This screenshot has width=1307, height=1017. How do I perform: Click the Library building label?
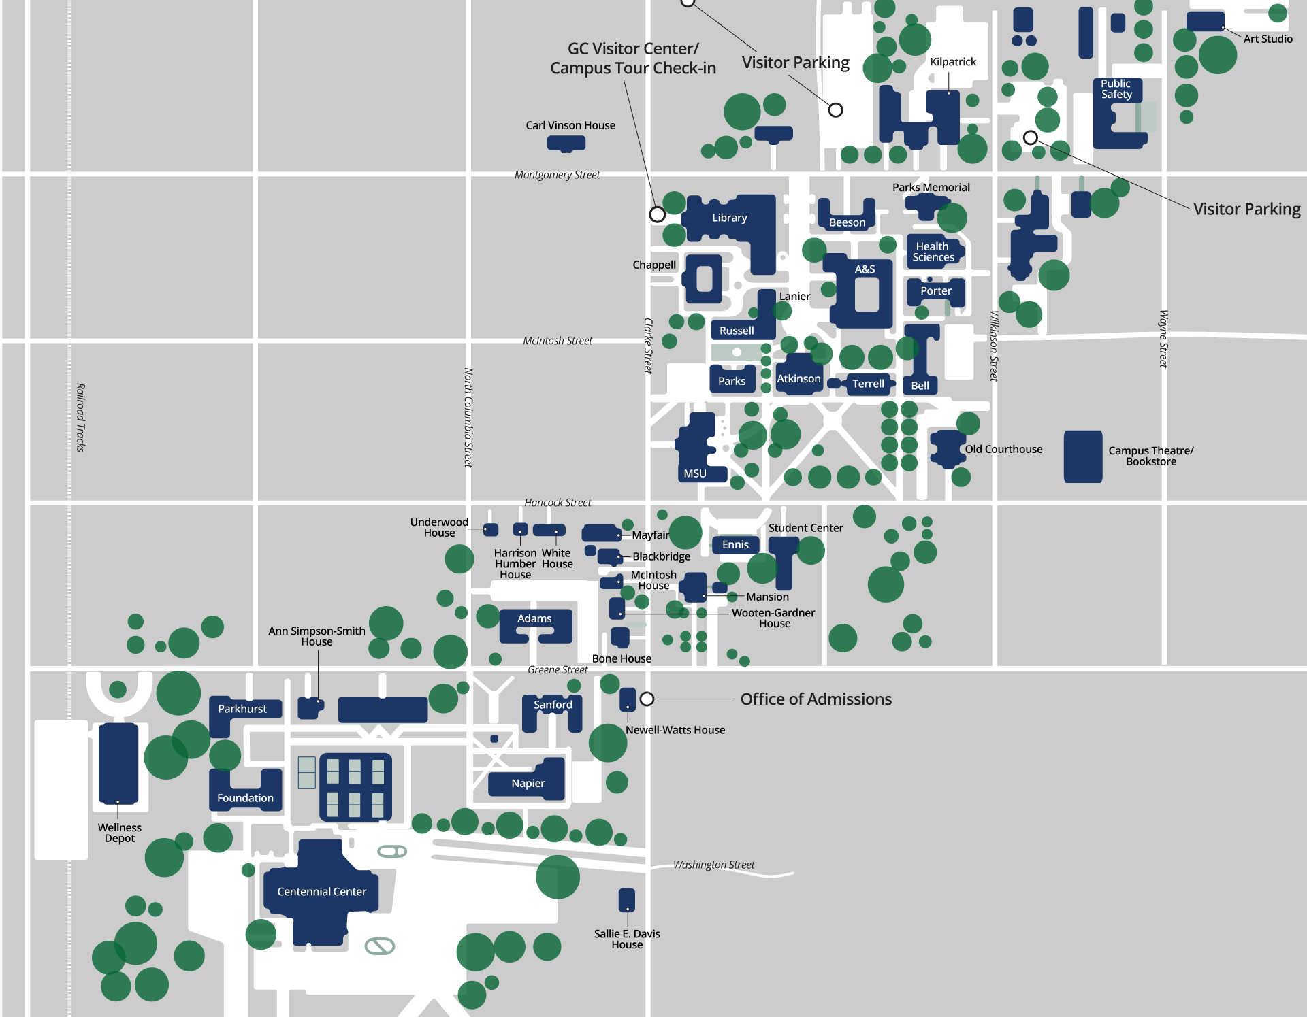pos(729,218)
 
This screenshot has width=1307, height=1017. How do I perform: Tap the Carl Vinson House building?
pos(566,144)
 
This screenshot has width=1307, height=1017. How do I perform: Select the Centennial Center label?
pos(321,891)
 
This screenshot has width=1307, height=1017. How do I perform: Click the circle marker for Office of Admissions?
pos(647,699)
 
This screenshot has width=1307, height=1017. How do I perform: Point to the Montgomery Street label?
pos(557,175)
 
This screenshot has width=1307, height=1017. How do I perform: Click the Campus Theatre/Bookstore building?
pos(1082,456)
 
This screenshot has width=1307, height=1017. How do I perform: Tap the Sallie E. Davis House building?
pos(626,900)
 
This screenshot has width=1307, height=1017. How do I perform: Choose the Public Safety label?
pos(1116,89)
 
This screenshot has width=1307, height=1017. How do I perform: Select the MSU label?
pos(695,473)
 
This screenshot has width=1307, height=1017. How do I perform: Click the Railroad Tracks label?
pos(80,417)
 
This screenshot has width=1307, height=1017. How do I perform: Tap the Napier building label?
pos(528,783)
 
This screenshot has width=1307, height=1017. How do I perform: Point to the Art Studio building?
pos(1205,21)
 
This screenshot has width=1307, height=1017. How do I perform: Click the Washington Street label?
pos(713,865)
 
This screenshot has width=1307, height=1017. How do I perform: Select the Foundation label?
pos(245,798)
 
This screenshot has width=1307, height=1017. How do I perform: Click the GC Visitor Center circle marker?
pos(657,214)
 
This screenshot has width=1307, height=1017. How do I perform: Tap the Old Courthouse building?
pos(947,448)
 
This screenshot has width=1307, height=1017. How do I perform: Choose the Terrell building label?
pos(868,384)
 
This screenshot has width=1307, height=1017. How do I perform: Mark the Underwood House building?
pos(491,529)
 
